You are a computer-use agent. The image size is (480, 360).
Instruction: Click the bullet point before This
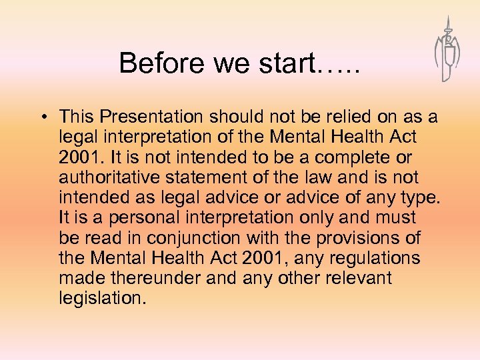click(42, 117)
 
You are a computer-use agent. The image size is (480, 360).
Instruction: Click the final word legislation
click(102, 298)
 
